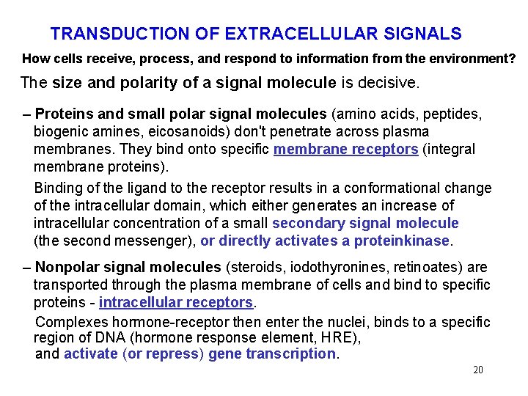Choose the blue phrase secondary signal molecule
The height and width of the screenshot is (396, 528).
(365, 223)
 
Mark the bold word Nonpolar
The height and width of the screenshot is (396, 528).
(73, 267)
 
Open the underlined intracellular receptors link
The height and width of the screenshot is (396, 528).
(176, 302)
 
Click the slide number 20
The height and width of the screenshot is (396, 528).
(478, 370)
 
